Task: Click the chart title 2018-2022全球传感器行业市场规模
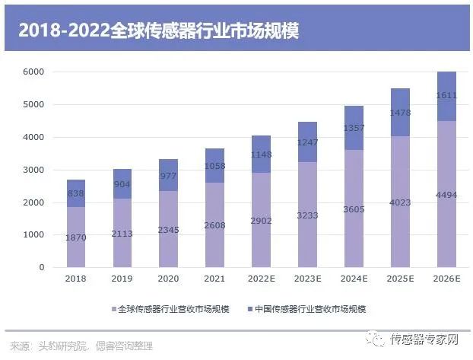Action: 158,31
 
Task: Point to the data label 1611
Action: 446,97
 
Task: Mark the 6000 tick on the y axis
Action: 34,72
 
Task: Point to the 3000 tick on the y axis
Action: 34,170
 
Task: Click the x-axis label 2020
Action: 168,279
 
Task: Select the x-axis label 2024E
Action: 354,279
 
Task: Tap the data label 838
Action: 75,193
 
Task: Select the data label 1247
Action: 307,142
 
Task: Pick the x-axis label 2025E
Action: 400,279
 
